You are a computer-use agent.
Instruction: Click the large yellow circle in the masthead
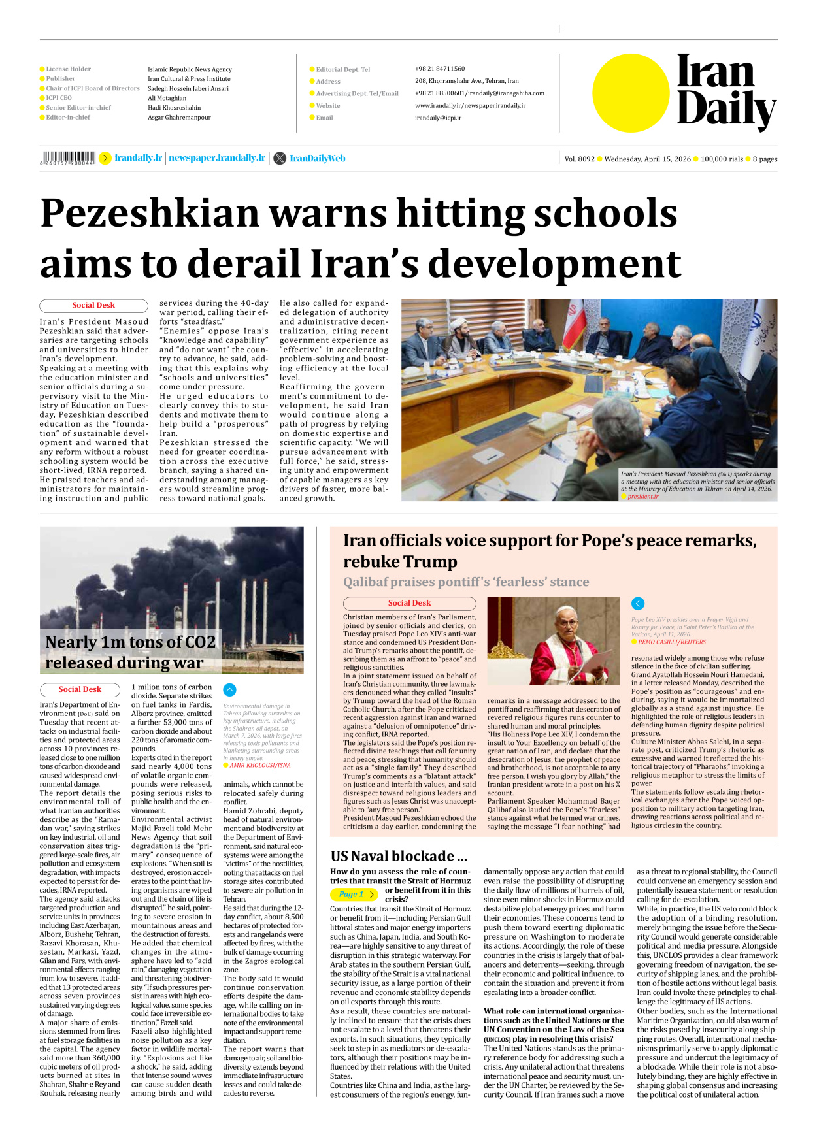(x=631, y=93)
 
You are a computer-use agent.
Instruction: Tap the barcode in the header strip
(x=68, y=157)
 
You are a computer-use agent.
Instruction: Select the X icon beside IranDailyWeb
(x=280, y=158)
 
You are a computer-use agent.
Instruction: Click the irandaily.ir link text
(x=138, y=158)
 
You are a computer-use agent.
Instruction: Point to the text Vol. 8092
(x=579, y=159)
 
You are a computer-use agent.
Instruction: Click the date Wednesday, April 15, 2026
(x=647, y=159)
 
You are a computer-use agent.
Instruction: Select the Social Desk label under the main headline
(x=93, y=305)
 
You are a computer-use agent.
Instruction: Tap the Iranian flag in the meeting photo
(x=575, y=320)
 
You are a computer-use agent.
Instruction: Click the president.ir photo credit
(x=643, y=497)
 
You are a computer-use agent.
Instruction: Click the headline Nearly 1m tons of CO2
(x=130, y=642)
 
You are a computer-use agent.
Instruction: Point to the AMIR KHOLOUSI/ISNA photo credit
(x=259, y=765)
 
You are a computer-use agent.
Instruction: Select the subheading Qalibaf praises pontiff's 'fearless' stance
(x=466, y=582)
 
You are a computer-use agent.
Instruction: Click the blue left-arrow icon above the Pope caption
(x=638, y=604)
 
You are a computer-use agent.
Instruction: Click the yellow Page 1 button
(x=354, y=894)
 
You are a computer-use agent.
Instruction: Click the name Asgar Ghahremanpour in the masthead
(x=179, y=118)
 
